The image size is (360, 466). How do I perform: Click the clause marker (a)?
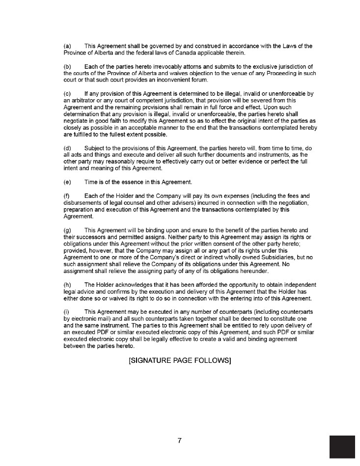[68, 46]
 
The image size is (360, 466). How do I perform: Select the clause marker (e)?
[68, 182]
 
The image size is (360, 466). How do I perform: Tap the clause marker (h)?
[68, 285]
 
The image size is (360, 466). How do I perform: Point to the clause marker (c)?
[68, 93]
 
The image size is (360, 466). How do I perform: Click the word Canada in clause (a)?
[172, 53]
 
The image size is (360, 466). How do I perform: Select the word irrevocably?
[155, 66]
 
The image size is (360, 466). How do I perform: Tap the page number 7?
[180, 440]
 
